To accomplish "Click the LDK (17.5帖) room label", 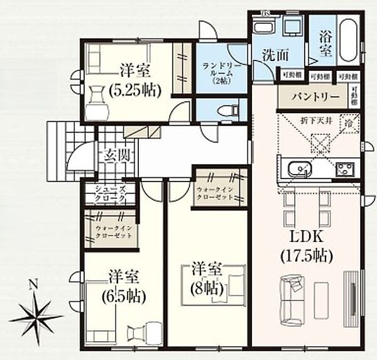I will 307,246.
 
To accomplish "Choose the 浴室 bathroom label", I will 325,44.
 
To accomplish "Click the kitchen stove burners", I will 344,169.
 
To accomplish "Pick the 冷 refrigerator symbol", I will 346,124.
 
